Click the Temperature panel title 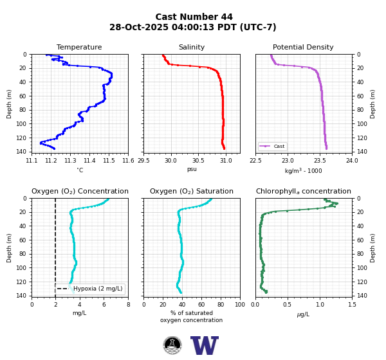(79, 47)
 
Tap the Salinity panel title (192, 47)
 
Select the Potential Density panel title (303, 47)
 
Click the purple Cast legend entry (273, 146)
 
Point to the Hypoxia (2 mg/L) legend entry (90, 289)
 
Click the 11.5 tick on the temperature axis (109, 161)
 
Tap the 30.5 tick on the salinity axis (198, 161)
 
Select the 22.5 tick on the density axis (255, 161)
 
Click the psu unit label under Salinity (192, 169)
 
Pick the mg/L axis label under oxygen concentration (80, 313)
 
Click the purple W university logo (205, 345)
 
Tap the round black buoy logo (172, 345)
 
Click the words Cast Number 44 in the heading (194, 17)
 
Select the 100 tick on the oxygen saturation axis (240, 305)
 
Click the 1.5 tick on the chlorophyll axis (352, 305)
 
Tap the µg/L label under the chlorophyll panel (303, 314)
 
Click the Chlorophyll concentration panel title (304, 191)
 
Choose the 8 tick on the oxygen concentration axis (128, 305)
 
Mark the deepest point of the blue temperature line (54, 148)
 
